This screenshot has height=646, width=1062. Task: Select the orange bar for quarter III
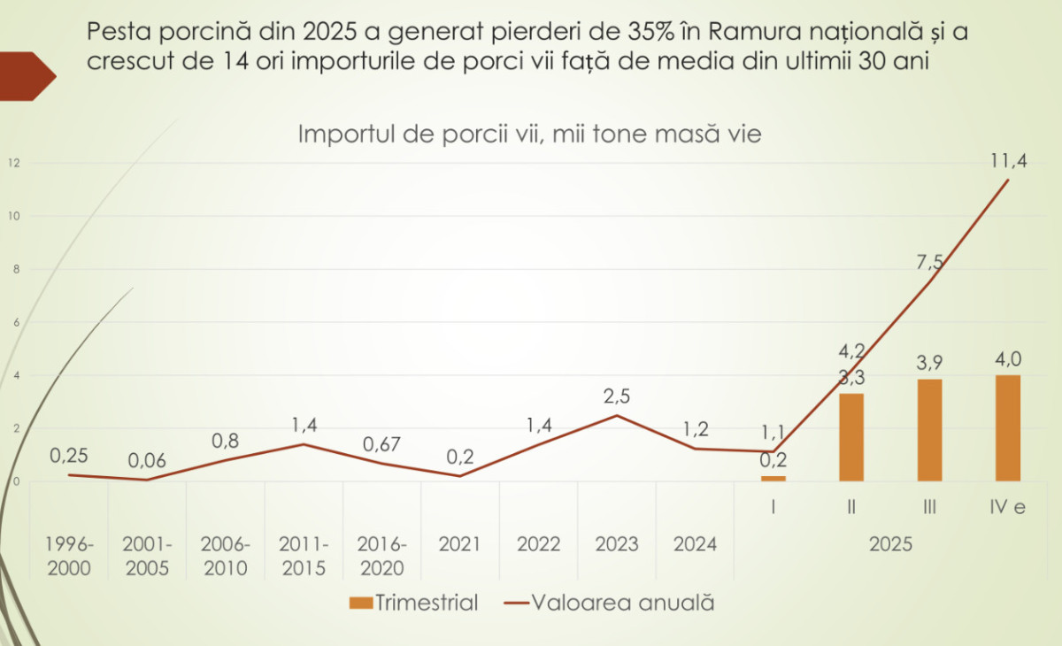(929, 430)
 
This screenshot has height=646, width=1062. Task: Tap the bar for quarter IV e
(1007, 428)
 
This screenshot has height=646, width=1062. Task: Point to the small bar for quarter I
(773, 478)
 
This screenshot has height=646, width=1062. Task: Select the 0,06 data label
(146, 460)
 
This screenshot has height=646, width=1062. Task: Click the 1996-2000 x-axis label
(69, 555)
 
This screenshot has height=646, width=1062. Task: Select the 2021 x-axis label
(460, 543)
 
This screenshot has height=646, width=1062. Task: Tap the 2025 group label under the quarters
(890, 543)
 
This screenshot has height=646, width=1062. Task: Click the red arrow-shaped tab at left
(27, 76)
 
